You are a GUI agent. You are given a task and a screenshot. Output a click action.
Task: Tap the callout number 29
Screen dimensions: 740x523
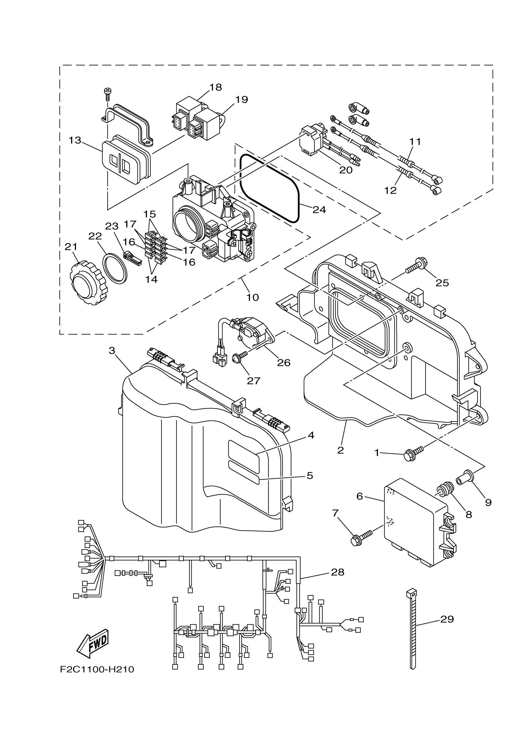(x=447, y=619)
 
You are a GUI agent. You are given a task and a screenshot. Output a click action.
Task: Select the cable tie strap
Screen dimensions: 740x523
(x=413, y=632)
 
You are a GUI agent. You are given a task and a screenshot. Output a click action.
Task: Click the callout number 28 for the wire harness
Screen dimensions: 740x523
(x=337, y=572)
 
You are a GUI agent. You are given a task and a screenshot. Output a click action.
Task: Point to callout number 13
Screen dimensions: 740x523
(x=75, y=141)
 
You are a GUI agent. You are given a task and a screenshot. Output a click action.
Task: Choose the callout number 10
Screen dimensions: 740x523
(x=252, y=297)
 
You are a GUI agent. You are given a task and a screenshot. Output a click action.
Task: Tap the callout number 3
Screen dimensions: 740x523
(x=112, y=350)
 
